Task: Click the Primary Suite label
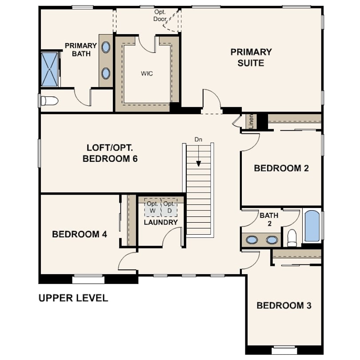point(251,57)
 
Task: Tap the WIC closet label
point(147,73)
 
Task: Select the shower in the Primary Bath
point(50,69)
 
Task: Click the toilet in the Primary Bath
point(49,101)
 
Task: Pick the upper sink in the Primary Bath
point(106,47)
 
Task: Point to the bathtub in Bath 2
point(312,226)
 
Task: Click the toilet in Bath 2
point(292,238)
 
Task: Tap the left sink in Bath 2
point(252,240)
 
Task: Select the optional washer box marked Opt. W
point(153,207)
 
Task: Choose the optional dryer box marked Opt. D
point(169,207)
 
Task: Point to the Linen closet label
point(251,121)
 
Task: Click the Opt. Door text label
point(160,16)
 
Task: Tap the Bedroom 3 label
point(284,305)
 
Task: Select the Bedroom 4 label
point(80,234)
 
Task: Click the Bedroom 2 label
point(281,168)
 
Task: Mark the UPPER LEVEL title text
point(73,298)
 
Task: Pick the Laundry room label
point(161,222)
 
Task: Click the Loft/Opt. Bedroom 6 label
point(110,153)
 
